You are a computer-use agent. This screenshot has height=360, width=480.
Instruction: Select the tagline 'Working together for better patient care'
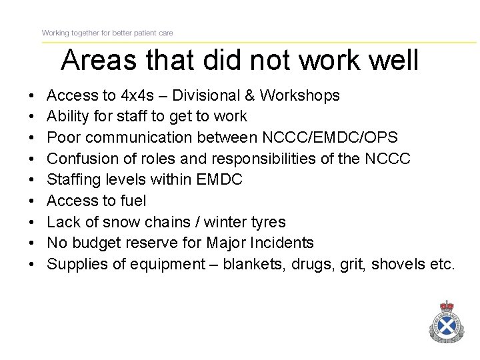[108, 33]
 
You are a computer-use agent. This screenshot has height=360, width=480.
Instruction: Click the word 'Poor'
[64, 137]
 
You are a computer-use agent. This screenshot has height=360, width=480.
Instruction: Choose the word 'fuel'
[133, 201]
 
